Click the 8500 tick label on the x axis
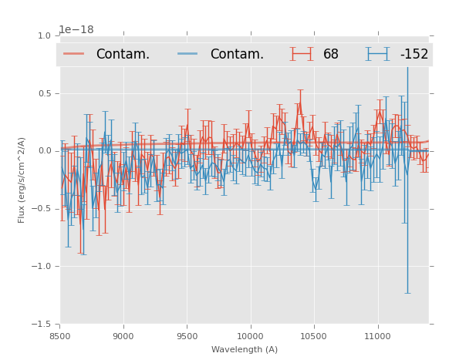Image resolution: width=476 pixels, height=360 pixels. [x=59, y=336]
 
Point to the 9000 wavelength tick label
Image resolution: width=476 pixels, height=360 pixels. [x=123, y=336]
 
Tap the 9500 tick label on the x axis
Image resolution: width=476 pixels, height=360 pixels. [x=187, y=336]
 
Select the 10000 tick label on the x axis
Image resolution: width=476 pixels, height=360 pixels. [x=250, y=336]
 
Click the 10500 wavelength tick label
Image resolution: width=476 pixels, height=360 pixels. [x=314, y=336]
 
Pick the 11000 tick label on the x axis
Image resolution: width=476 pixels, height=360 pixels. [x=377, y=336]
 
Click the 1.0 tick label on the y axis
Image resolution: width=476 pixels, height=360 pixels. [x=44, y=35]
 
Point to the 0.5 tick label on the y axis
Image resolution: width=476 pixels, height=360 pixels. [x=44, y=93]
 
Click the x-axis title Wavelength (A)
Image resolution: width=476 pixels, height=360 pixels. [x=244, y=349]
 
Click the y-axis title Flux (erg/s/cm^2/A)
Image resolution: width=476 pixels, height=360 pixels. [x=22, y=180]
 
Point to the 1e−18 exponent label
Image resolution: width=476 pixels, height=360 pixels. [x=76, y=30]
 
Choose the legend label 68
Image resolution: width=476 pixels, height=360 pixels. [x=331, y=54]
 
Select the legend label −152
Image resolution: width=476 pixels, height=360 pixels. [x=414, y=54]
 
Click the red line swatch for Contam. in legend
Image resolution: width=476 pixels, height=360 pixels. [x=74, y=54]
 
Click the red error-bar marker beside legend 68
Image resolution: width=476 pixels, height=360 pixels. [x=302, y=54]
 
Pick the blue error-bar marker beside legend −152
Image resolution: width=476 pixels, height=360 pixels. [x=377, y=54]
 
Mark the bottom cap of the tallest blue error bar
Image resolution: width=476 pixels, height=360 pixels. [x=407, y=293]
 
